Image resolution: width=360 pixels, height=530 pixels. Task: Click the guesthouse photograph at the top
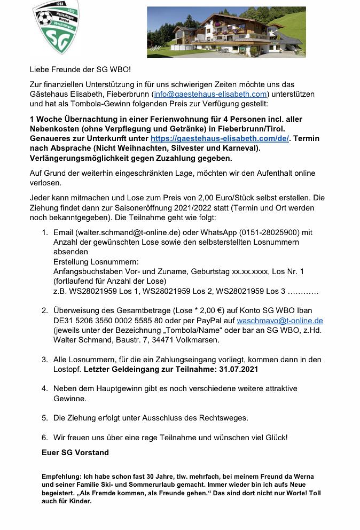coord(226,32)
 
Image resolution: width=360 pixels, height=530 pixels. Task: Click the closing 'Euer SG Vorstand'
coord(75,453)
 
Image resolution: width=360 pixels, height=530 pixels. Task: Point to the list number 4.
coord(44,388)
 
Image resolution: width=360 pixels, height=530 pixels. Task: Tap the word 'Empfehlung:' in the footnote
coord(60,476)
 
